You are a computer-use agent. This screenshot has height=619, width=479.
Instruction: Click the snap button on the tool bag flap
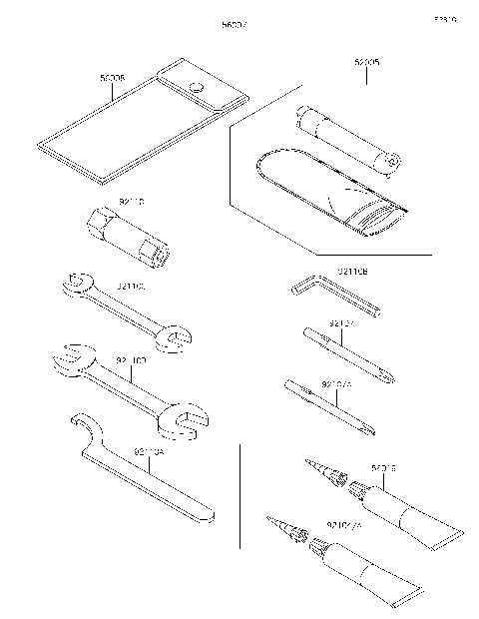[x=197, y=86]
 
